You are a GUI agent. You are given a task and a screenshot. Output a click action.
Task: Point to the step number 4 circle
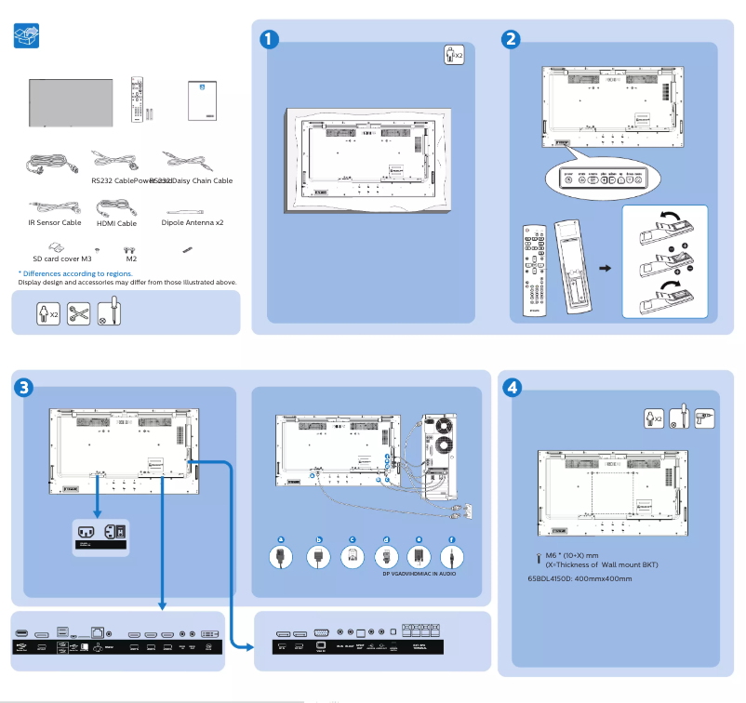pyautogui.click(x=511, y=387)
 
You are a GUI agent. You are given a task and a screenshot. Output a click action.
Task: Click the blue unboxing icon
pyautogui.click(x=28, y=36)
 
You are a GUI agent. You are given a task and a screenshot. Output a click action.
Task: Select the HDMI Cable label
pyautogui.click(x=116, y=223)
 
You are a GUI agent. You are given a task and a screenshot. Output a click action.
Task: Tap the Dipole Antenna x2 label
pyautogui.click(x=192, y=223)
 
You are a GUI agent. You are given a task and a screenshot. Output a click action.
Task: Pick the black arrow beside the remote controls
pyautogui.click(x=605, y=268)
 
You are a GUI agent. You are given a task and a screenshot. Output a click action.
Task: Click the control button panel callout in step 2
pyautogui.click(x=605, y=177)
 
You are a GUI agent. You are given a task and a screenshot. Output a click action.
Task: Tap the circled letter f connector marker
pyautogui.click(x=452, y=539)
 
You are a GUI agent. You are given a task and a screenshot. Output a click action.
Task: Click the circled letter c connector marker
pyautogui.click(x=353, y=539)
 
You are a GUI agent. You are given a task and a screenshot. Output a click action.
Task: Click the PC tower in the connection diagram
pyautogui.click(x=436, y=454)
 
